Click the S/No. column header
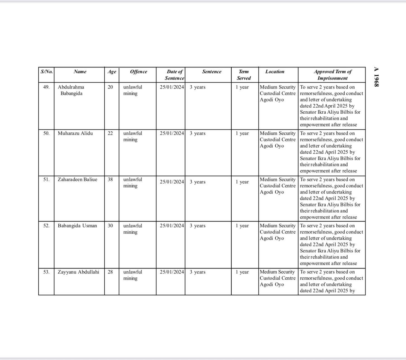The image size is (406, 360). [x=46, y=72]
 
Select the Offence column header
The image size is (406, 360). [x=138, y=72]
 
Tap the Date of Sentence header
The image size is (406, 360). [x=174, y=75]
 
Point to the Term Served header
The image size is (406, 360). [x=244, y=75]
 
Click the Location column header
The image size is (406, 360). [x=275, y=72]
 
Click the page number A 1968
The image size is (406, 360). [x=376, y=76]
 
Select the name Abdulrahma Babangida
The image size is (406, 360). [x=71, y=90]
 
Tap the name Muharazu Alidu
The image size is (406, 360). [x=75, y=133]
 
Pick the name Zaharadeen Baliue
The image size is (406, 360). [x=77, y=179]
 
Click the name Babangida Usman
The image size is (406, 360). [x=77, y=226]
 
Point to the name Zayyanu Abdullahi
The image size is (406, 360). [x=78, y=272]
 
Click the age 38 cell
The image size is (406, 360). [x=110, y=179]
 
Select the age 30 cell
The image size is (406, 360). [x=110, y=226]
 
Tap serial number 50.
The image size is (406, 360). [x=46, y=133]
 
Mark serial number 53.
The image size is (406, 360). [x=46, y=272]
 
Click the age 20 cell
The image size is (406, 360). [x=110, y=87]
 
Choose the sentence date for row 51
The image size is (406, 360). [x=172, y=182]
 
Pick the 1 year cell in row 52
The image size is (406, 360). [x=242, y=226]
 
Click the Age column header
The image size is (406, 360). [x=112, y=72]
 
